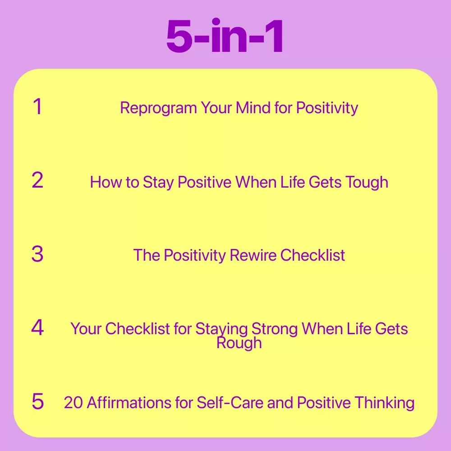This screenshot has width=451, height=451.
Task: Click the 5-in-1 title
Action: tap(225, 36)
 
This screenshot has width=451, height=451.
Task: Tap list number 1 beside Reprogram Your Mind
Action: tap(38, 107)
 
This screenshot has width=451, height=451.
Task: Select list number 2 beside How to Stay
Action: tap(37, 180)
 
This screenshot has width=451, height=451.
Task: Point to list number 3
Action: tap(37, 254)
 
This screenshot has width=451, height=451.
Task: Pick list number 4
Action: tap(37, 327)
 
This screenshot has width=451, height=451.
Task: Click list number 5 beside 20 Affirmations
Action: tap(38, 401)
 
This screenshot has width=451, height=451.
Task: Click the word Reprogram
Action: tap(158, 108)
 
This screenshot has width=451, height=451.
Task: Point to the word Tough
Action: tap(367, 183)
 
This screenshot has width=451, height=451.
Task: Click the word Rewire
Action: tap(253, 255)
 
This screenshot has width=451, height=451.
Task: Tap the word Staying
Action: tap(221, 329)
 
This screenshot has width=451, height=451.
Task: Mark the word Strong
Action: tap(275, 329)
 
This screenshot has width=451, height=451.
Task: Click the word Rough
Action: tap(239, 343)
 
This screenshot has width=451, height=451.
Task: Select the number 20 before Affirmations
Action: tap(74, 402)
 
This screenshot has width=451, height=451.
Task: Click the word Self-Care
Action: tap(230, 402)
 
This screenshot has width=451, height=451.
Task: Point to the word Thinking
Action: tap(385, 403)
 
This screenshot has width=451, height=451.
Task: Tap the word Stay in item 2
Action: tap(158, 183)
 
